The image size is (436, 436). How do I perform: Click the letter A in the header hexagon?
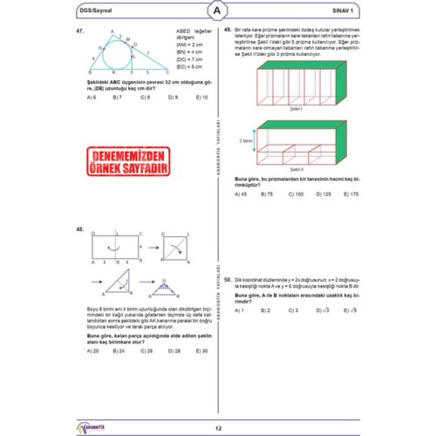pyautogui.click(x=217, y=11)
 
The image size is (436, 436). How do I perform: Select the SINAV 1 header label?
pyautogui.click(x=343, y=11)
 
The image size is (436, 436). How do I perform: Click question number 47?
pyautogui.click(x=80, y=31)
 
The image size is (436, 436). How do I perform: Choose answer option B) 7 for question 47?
pyautogui.click(x=117, y=98)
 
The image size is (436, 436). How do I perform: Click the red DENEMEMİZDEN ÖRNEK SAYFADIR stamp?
pyautogui.click(x=129, y=161)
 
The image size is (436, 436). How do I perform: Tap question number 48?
pyautogui.click(x=80, y=229)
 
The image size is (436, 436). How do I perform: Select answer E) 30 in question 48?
pyautogui.click(x=202, y=351)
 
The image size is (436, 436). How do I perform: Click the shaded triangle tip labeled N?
pyautogui.click(x=164, y=285)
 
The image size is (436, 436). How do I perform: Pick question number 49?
pyautogui.click(x=228, y=29)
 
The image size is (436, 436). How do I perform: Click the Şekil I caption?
pyautogui.click(x=296, y=109)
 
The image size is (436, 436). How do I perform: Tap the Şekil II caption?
pyautogui.click(x=296, y=169)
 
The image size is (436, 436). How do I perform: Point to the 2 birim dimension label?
pyautogui.click(x=246, y=141)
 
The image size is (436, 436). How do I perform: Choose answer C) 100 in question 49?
pyautogui.click(x=296, y=194)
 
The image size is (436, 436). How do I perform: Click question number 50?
pyautogui.click(x=228, y=280)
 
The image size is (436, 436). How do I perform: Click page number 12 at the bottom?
pyautogui.click(x=218, y=428)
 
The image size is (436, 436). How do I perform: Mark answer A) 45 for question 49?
pyautogui.click(x=241, y=194)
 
